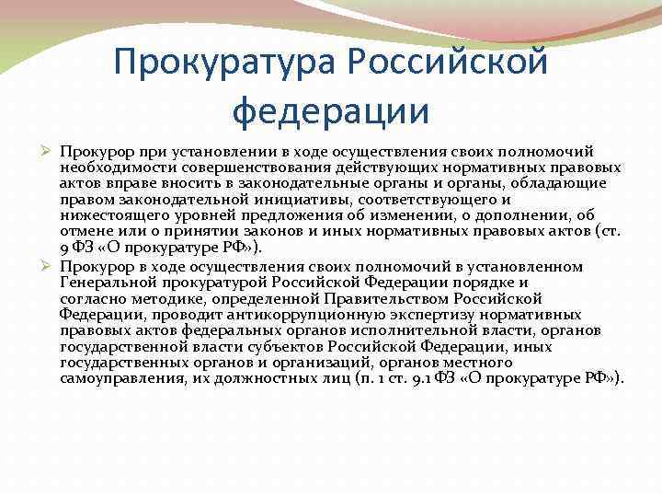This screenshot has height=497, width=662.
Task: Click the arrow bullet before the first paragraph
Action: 49,150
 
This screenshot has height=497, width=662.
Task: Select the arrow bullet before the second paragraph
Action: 49,266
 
